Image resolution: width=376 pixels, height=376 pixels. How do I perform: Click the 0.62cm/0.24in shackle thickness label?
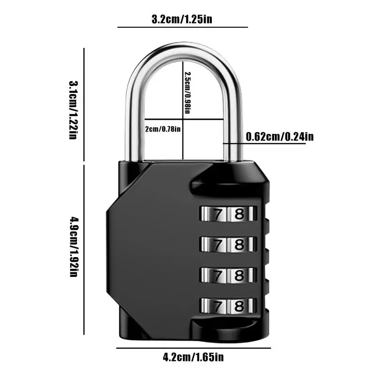[280, 137]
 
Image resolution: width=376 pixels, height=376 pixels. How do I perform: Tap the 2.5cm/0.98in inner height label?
[188, 93]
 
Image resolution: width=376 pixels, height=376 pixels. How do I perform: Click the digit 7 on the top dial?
[217, 214]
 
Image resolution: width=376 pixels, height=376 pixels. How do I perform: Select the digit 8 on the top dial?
[240, 214]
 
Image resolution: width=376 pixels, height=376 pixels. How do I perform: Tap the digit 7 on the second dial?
[217, 244]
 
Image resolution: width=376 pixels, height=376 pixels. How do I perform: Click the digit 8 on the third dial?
[240, 274]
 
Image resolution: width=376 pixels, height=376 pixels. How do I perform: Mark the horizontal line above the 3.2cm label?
[182, 27]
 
